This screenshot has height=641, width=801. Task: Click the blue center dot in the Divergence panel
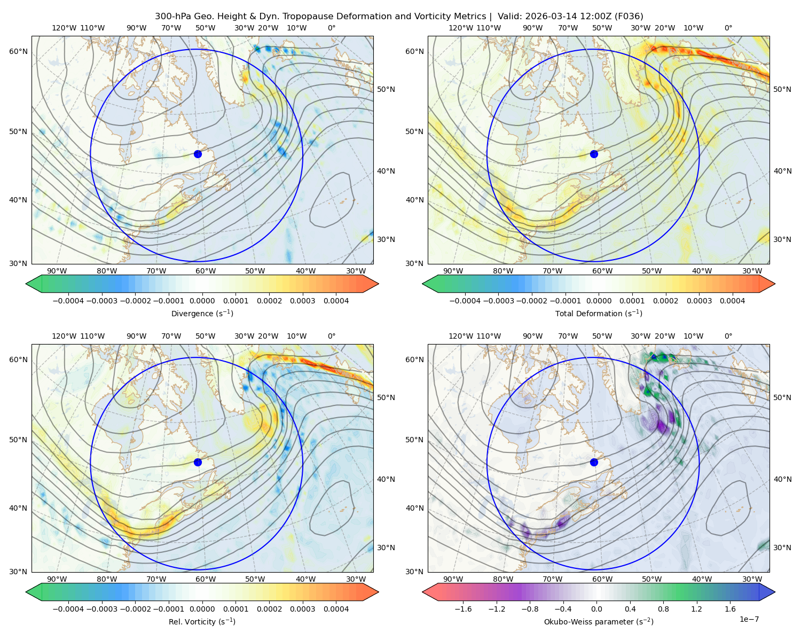(x=198, y=154)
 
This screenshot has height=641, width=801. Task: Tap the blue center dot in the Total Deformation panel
(x=594, y=154)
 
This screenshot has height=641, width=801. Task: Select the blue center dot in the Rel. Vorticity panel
(x=198, y=462)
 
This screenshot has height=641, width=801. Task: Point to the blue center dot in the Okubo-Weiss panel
(x=594, y=462)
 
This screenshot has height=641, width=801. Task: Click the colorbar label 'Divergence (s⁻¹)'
(x=202, y=313)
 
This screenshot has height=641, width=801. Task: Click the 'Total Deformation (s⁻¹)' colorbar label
(x=599, y=313)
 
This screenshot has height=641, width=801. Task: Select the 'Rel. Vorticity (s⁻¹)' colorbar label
(x=202, y=622)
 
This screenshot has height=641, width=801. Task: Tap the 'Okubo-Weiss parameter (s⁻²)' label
(x=599, y=622)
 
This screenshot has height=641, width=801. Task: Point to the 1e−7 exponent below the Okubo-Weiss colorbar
(x=749, y=619)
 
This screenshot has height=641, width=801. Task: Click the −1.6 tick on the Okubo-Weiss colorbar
(x=463, y=609)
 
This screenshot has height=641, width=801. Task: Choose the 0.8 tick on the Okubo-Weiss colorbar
(x=663, y=609)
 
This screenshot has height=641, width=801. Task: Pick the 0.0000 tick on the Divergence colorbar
(x=202, y=301)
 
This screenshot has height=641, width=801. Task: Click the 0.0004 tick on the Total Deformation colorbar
(x=732, y=301)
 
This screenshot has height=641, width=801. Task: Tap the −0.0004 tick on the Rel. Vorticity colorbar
(x=68, y=609)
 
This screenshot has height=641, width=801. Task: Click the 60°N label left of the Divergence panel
(x=18, y=51)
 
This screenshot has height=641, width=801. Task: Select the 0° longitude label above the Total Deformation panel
(x=728, y=28)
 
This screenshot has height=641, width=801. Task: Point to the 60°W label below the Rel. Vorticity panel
(x=206, y=579)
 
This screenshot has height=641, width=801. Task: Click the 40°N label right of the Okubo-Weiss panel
(x=782, y=479)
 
